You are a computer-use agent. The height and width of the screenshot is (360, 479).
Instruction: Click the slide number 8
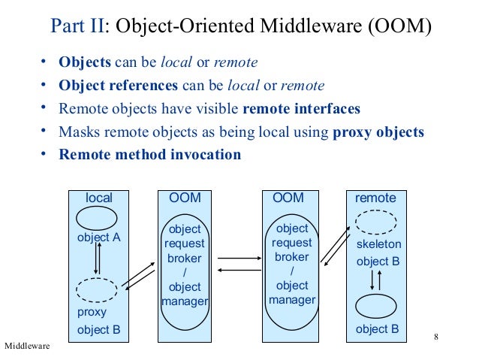click(436, 335)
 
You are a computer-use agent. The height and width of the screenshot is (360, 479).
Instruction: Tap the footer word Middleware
click(27, 346)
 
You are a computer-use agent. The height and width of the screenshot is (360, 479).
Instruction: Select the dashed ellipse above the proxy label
click(97, 289)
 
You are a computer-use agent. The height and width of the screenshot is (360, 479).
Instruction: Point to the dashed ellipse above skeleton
click(375, 222)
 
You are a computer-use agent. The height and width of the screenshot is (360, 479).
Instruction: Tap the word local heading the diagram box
click(99, 198)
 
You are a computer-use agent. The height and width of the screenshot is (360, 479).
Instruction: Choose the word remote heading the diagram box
click(375, 198)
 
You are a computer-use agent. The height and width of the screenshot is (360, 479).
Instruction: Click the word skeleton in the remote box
click(378, 244)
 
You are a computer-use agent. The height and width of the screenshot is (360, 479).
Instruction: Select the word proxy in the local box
click(92, 312)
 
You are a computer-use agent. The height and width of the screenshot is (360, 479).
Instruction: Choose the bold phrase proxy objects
click(378, 132)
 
